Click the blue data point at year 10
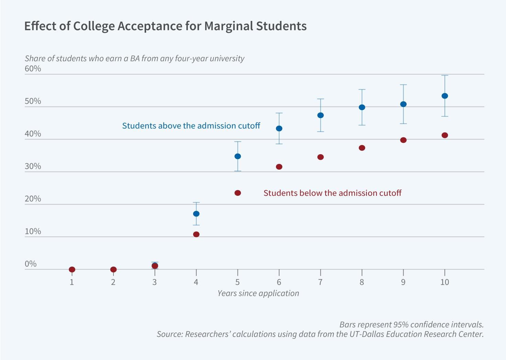click(x=444, y=96)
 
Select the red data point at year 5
click(x=238, y=193)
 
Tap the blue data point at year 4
click(x=196, y=214)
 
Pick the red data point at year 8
click(x=362, y=148)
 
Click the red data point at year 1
click(x=72, y=270)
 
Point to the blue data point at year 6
click(x=279, y=128)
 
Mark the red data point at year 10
click(x=444, y=135)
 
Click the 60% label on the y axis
click(x=33, y=69)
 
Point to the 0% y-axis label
click(x=31, y=264)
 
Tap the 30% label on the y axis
click(x=33, y=166)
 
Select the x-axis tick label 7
click(x=320, y=282)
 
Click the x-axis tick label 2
click(x=113, y=282)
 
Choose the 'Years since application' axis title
click(x=258, y=293)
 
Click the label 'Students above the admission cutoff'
click(x=191, y=126)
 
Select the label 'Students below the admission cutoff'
click(x=332, y=193)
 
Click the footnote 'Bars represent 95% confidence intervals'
click(x=411, y=325)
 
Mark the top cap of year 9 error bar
click(x=403, y=85)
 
